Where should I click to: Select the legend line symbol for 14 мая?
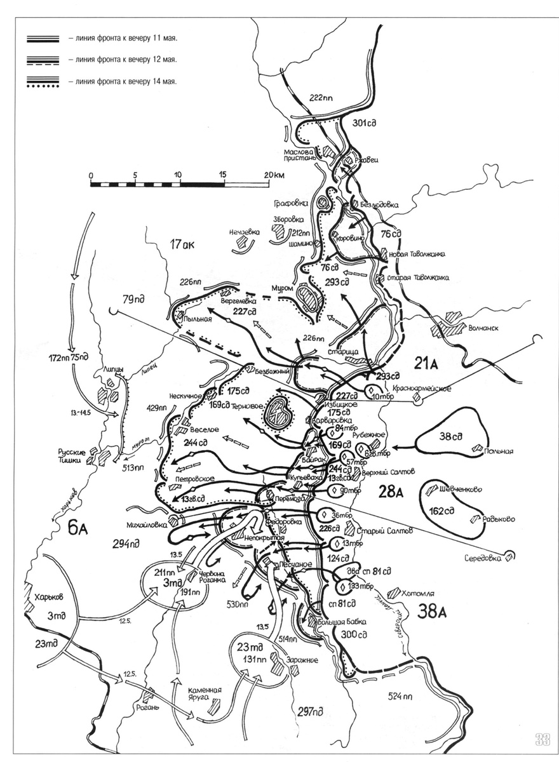tap(43, 82)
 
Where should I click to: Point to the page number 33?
tap(542, 738)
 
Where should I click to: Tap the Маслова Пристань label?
tap(300, 156)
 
